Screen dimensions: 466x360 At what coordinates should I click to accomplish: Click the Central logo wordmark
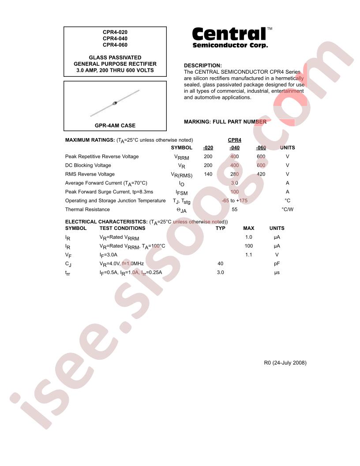229,34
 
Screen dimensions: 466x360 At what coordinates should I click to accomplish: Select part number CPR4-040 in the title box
115,38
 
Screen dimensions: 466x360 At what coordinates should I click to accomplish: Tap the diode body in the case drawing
115,103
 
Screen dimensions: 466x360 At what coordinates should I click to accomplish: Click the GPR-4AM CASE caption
115,126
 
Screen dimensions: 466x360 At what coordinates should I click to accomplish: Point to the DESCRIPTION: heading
203,65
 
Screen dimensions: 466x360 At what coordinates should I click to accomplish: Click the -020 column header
208,148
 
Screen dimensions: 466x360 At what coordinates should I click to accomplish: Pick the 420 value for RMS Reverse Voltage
261,174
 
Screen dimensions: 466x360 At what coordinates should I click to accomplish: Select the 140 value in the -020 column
208,174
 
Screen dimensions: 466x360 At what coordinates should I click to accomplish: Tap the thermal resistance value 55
235,210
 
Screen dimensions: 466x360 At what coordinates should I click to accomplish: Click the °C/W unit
287,210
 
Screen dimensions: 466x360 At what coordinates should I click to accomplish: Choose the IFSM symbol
182,192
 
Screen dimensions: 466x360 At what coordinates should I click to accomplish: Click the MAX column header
249,229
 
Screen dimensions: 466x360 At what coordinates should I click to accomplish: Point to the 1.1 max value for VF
249,255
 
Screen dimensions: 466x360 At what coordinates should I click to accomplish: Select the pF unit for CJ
277,264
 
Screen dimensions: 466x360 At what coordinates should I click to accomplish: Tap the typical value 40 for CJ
221,264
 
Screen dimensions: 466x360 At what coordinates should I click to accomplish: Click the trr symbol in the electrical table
68,273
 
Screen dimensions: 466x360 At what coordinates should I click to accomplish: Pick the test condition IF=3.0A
109,255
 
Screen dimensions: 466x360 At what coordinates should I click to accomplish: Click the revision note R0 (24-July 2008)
285,363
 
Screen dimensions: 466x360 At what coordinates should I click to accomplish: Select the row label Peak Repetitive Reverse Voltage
102,157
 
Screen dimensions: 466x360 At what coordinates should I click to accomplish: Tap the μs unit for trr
277,273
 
